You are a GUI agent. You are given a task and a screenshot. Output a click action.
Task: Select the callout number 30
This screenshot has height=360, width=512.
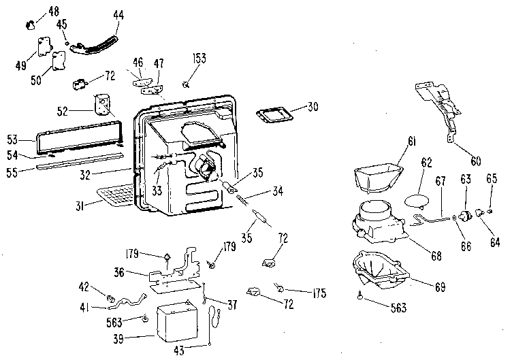coord(312,106)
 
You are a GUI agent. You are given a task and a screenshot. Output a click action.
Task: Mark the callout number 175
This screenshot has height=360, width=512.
coord(318,294)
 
